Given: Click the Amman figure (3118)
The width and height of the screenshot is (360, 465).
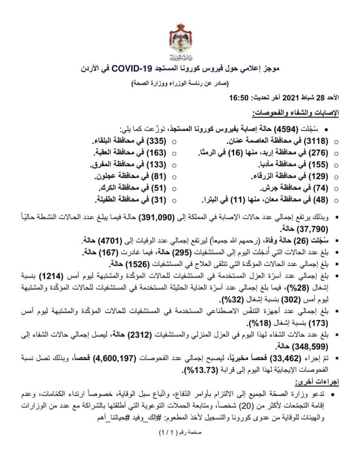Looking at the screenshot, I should pos(320,141).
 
